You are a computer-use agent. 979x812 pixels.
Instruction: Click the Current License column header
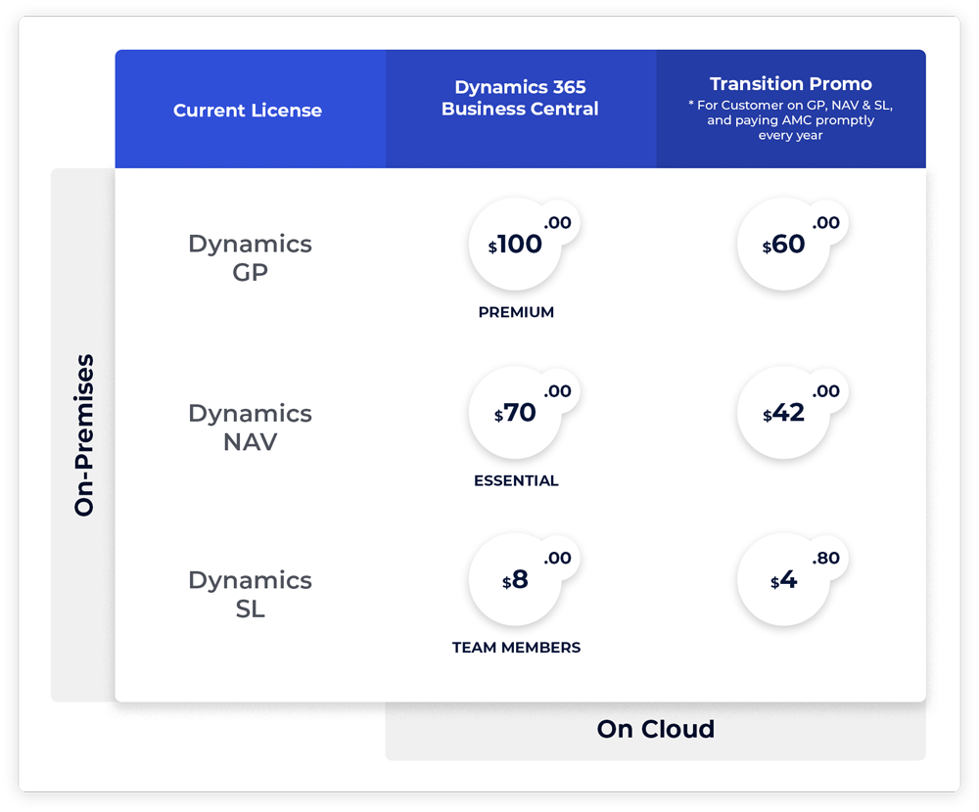click(248, 111)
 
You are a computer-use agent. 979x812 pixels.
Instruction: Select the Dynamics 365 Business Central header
click(520, 99)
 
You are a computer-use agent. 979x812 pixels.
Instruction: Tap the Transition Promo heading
click(790, 84)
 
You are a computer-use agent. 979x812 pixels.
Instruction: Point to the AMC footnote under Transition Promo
click(790, 120)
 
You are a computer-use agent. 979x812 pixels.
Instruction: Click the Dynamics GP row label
click(250, 257)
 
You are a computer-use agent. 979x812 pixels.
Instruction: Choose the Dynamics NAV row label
click(250, 427)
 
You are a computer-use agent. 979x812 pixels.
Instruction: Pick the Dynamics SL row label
click(250, 594)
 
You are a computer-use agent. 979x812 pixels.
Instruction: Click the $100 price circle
click(516, 245)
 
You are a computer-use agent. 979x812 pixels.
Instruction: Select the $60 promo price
click(784, 245)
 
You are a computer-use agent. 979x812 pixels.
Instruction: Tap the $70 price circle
click(516, 413)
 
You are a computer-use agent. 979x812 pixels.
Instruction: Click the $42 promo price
click(784, 413)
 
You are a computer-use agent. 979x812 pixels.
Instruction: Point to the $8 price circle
click(516, 580)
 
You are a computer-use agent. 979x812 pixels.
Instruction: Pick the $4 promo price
click(784, 580)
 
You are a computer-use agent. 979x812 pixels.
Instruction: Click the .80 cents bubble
click(826, 558)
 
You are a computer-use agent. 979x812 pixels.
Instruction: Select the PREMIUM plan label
click(516, 312)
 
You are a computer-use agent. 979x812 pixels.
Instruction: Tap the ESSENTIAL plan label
click(516, 480)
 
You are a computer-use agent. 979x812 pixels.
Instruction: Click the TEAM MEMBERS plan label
click(516, 648)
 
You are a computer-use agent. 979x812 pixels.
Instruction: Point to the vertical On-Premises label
click(84, 435)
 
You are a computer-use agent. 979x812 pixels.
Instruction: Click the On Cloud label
click(655, 729)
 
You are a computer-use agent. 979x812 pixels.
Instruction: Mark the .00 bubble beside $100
click(557, 223)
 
